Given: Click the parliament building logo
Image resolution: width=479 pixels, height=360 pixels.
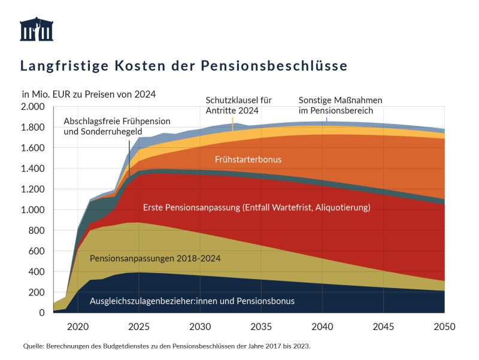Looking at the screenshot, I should tap(37, 29).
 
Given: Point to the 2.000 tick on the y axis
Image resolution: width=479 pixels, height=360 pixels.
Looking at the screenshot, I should tap(33, 107).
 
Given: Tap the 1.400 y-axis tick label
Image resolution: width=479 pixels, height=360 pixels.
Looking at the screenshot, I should tap(33, 168).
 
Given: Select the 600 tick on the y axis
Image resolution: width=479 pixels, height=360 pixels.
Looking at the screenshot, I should tap(37, 251).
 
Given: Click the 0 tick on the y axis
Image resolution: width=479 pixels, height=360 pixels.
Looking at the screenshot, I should tap(42, 313).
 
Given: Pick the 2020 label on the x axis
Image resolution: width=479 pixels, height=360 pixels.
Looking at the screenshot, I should tap(77, 326).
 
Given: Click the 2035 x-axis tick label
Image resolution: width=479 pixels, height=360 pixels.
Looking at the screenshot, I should tap(260, 326).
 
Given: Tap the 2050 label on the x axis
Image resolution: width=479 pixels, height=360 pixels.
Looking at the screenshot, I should tap(444, 326).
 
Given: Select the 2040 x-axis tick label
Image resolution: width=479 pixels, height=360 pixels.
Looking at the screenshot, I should tap(322, 326).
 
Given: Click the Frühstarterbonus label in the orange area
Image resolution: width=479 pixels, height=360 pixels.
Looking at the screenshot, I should tap(248, 159).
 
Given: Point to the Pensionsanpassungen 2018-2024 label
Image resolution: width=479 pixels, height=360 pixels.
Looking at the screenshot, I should tap(156, 259).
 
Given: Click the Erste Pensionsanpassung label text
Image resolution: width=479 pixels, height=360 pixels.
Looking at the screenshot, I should tap(257, 208).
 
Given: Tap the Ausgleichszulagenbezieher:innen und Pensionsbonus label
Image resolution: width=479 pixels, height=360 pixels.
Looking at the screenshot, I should tap(192, 301).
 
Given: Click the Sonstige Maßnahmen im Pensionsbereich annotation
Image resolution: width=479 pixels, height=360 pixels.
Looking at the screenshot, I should tap(340, 105).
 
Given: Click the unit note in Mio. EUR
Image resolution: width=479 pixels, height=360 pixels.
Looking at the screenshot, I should tap(89, 94).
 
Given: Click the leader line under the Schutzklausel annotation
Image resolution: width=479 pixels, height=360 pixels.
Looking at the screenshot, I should tap(232, 123).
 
